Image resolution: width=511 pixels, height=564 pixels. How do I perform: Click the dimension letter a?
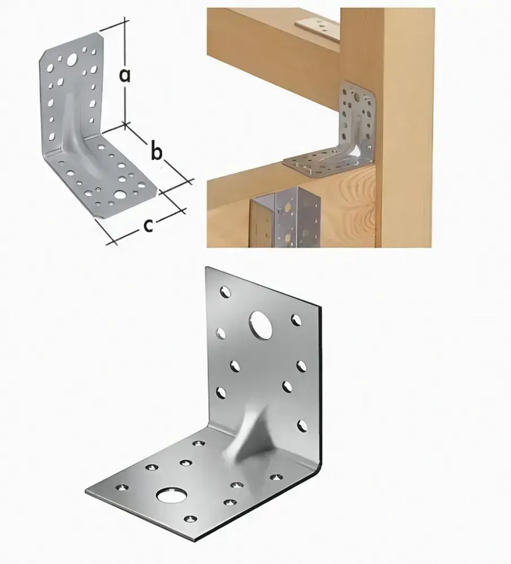(x=125, y=76)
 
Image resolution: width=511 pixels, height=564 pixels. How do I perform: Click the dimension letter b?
(x=156, y=152)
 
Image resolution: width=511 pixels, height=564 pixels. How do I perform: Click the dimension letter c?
(x=148, y=225)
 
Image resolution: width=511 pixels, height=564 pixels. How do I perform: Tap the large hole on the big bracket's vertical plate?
(x=261, y=325)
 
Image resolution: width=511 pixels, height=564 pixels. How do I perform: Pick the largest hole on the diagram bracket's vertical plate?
(x=72, y=60)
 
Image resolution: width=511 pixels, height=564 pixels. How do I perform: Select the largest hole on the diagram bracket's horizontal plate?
(x=120, y=195)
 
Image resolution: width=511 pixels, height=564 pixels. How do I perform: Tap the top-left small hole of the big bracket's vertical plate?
(x=226, y=292)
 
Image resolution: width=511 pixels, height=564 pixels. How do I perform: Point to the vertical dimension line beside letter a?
(x=125, y=70)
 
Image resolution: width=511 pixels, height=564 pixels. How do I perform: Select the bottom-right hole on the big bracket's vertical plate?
(x=303, y=426)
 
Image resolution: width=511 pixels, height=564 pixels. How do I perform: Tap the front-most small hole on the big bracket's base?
(x=191, y=519)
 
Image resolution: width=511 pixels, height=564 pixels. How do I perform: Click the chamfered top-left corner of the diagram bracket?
(x=45, y=56)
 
